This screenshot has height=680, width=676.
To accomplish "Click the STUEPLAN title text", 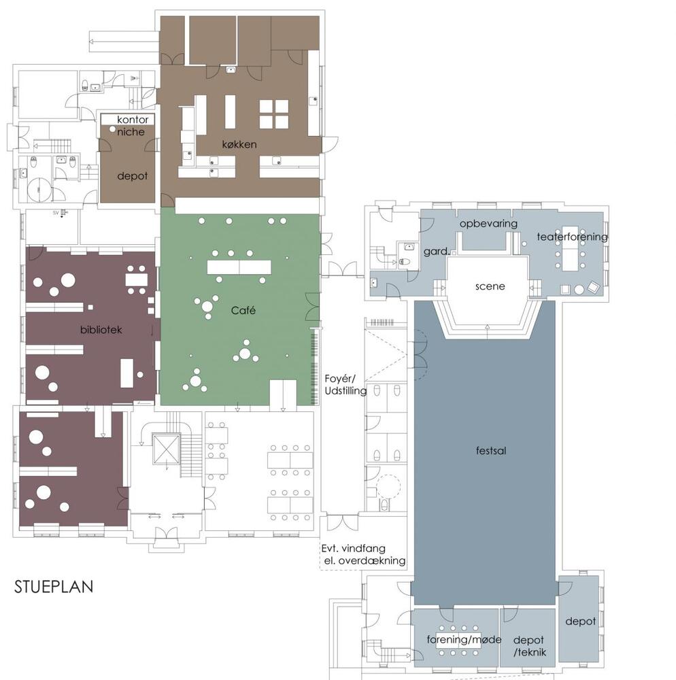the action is (x=54, y=586).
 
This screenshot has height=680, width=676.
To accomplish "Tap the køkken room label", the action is (x=239, y=144).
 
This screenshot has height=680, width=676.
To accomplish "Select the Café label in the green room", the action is (x=243, y=310).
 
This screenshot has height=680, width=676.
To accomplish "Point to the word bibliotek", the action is (x=101, y=330).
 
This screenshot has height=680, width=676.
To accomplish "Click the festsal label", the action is (x=491, y=451).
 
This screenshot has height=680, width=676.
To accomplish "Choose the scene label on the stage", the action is (x=490, y=286).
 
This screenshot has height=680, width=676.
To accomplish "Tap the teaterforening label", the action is (x=573, y=237).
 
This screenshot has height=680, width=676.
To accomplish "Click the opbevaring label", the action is (x=489, y=224).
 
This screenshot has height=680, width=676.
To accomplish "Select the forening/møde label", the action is (x=464, y=640).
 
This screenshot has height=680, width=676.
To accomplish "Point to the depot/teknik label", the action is (x=529, y=646).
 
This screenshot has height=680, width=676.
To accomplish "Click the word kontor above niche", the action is (x=133, y=119).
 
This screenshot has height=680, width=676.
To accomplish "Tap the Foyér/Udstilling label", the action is (x=345, y=385).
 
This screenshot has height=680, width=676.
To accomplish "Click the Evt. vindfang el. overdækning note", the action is (x=363, y=555).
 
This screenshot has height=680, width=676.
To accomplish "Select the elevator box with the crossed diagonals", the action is (x=166, y=449).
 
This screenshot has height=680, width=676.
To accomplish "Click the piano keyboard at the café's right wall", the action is (x=316, y=367).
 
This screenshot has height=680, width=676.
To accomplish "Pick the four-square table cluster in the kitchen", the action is (x=274, y=114).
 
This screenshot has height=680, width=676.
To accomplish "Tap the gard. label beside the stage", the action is (x=437, y=252).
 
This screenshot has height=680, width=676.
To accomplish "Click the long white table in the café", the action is (x=239, y=267).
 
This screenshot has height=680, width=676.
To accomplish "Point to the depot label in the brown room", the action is (x=132, y=176).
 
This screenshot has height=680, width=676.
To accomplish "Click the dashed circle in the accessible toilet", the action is (x=388, y=487).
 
